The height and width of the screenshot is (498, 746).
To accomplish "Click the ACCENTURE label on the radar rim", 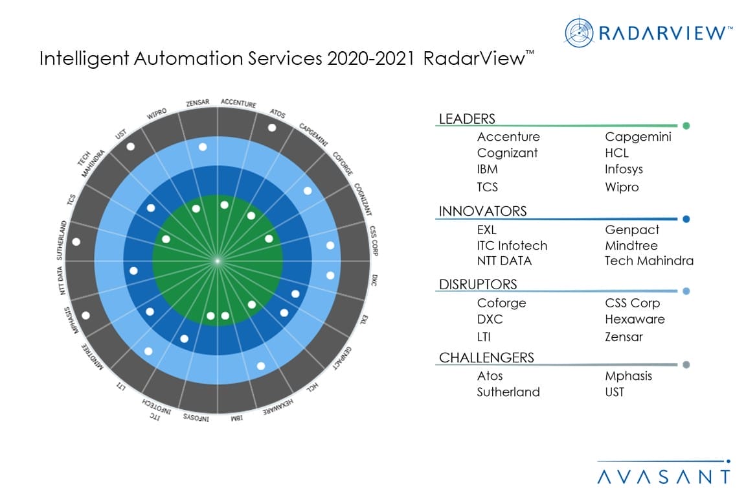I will pos(238,103).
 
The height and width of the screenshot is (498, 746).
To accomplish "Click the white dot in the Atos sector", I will pos(271,128).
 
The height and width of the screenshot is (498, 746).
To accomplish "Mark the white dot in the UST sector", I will pos(131,147).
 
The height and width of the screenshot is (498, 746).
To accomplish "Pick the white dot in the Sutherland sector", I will pos(76,242).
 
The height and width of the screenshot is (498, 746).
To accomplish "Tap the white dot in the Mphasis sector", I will pos(85,316).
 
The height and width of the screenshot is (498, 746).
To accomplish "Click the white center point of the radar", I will pos(218,261).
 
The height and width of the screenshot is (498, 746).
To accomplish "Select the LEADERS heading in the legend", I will pos(467,119).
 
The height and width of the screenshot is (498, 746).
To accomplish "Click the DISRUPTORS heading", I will pos(478,284).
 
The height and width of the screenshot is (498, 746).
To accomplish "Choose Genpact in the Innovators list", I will pos(632,230).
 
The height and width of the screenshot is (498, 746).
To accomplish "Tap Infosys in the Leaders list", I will pos(624,169).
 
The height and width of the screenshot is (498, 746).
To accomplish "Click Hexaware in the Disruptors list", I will pos(635,319).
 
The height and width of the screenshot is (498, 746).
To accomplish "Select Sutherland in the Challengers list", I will pos(508,392).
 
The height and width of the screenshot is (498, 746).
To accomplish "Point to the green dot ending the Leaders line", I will pos(686,126).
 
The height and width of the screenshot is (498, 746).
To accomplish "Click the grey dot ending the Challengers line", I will pos(686,365).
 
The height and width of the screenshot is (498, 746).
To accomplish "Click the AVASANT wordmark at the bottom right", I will pos(663,477).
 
